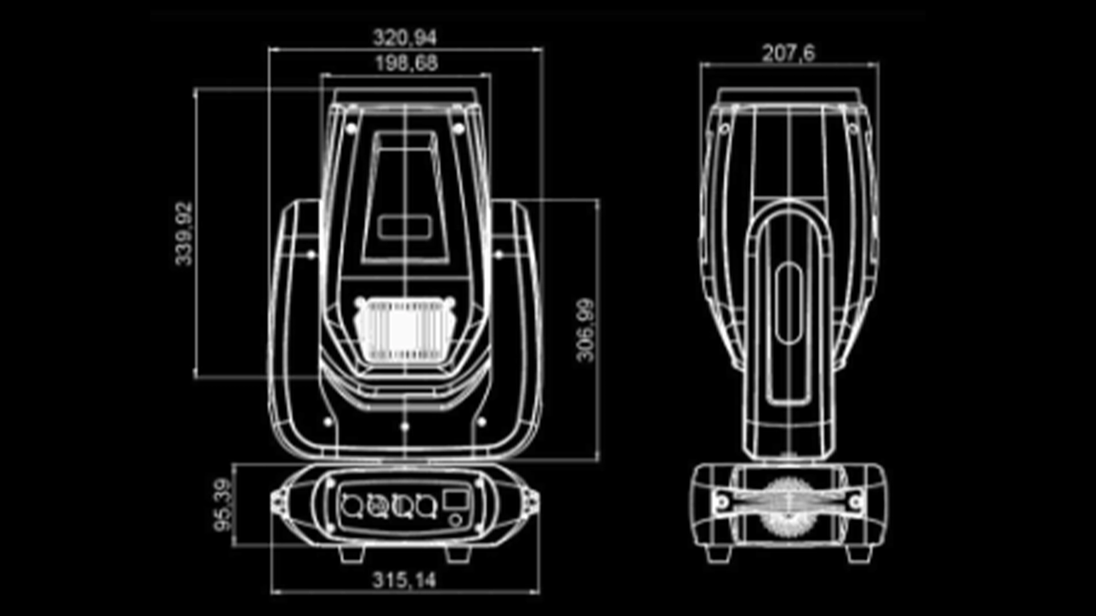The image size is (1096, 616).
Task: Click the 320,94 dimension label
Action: [x=404, y=38]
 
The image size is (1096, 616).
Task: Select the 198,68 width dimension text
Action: [x=406, y=63]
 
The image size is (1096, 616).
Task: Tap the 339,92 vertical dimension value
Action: [x=184, y=234]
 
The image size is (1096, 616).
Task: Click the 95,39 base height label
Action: [x=223, y=505]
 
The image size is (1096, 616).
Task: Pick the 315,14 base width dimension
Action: [x=404, y=581]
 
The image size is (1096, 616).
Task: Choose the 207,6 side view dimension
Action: [x=789, y=54]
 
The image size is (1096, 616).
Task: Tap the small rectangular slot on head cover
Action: [x=405, y=228]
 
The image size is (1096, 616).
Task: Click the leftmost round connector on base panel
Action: [x=352, y=505]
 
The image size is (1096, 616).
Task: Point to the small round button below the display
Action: [x=456, y=520]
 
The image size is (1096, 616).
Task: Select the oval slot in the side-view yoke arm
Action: [x=789, y=304]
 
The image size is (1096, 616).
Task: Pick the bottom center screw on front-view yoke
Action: [x=405, y=426]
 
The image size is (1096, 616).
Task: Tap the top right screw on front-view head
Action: [x=458, y=129]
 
